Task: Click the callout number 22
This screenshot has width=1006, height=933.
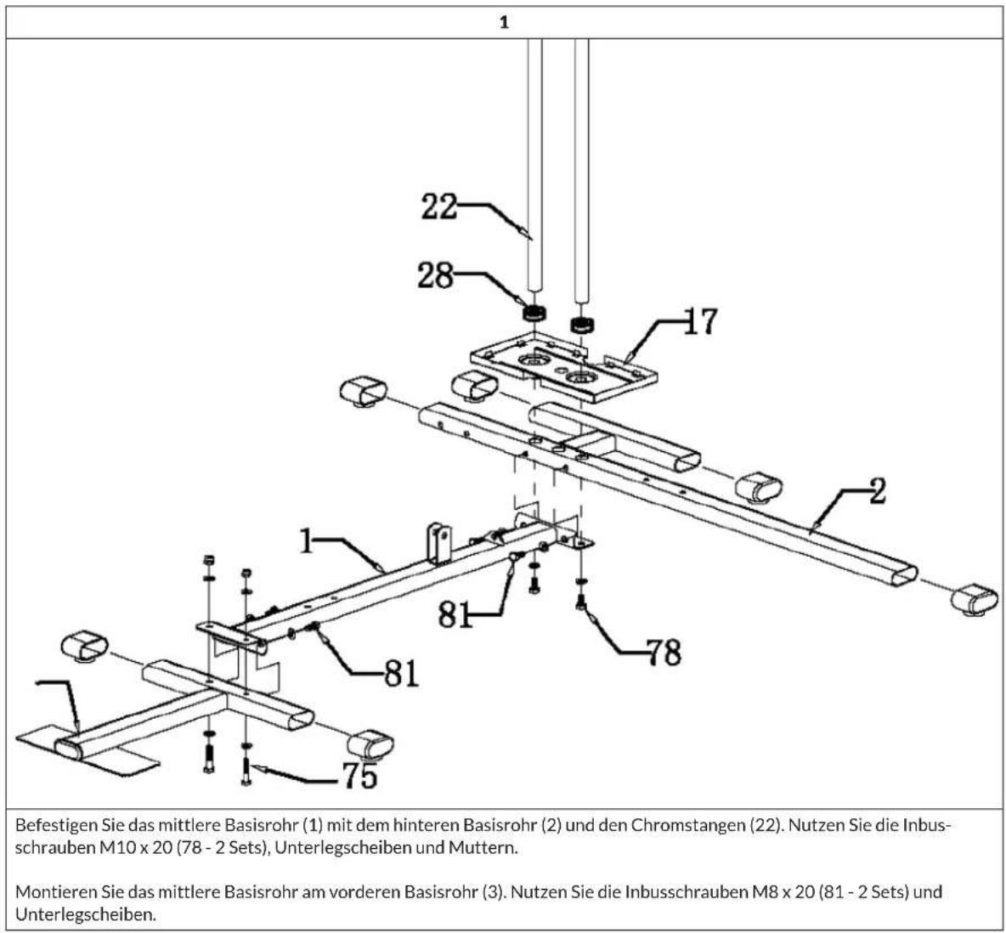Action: click(x=438, y=206)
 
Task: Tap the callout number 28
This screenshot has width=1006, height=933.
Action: click(x=435, y=276)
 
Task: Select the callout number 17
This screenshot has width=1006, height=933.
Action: click(x=700, y=321)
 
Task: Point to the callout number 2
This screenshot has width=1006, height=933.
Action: click(x=877, y=491)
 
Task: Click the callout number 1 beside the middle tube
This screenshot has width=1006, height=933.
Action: click(x=307, y=541)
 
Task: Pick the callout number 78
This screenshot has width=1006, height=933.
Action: click(x=664, y=653)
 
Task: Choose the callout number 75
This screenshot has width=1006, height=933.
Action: click(x=359, y=776)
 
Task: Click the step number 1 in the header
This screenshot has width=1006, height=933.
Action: click(x=504, y=22)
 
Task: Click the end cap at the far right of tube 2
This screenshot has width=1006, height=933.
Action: click(x=974, y=599)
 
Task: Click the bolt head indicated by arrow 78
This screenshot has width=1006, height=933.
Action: click(x=581, y=603)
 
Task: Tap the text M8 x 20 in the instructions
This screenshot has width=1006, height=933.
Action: click(x=783, y=891)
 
